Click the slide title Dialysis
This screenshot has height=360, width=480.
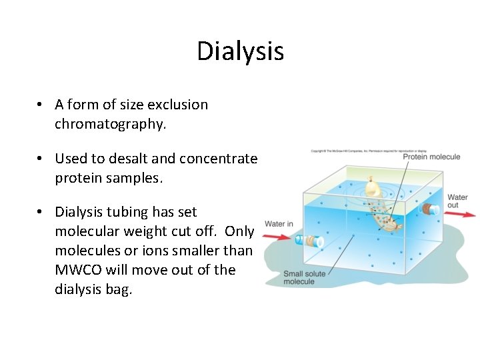240,51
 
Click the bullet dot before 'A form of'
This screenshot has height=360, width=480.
41,105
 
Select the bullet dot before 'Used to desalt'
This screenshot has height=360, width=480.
41,159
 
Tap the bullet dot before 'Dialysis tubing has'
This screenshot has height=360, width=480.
41,213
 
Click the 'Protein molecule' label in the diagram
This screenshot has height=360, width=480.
431,157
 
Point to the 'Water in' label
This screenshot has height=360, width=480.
279,223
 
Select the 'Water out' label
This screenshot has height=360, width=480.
457,201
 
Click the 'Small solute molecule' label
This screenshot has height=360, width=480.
303,277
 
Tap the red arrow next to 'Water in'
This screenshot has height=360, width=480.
279,236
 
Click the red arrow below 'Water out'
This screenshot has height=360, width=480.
460,215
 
